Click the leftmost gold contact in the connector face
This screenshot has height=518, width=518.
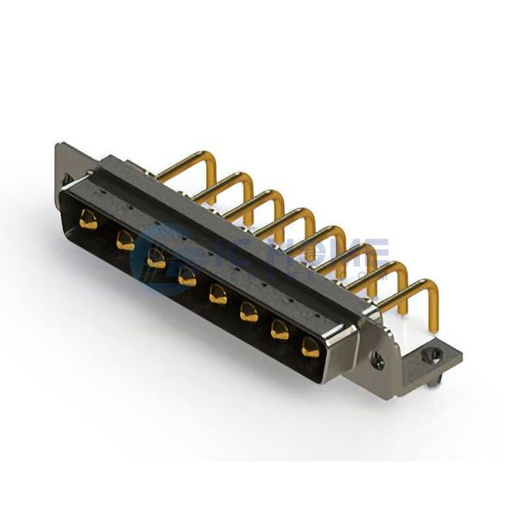87,220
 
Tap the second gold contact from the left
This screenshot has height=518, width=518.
126,241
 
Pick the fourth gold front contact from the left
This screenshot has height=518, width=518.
186,277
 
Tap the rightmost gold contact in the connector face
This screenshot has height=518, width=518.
311,348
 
